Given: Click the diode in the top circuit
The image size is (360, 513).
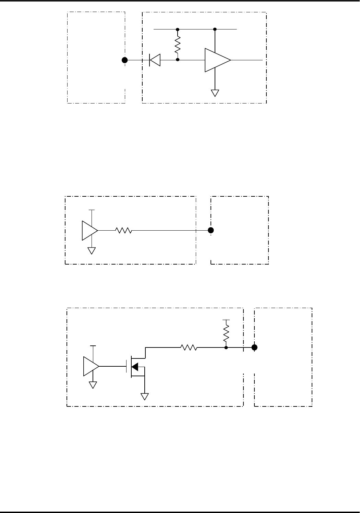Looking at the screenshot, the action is point(155,60).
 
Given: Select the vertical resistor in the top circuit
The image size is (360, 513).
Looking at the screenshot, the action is point(178,45).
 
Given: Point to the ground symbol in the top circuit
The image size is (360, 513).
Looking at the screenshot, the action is point(215,93).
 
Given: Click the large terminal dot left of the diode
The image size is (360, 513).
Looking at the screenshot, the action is point(125,60).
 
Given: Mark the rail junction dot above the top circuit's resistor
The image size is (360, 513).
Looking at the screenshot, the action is point(178,29).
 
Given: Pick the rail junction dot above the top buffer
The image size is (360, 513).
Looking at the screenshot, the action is point(215,29).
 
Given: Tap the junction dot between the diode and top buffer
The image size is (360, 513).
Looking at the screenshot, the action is point(178,60).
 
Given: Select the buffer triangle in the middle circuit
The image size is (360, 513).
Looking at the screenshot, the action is point(89,230).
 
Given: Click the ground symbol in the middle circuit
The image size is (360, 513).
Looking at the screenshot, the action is point(92,251).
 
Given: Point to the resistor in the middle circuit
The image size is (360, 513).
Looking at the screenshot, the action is point(123,231).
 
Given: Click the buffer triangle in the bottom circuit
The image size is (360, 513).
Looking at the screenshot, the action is point(91,366).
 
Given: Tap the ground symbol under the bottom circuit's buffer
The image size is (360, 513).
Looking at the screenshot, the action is point(93,384).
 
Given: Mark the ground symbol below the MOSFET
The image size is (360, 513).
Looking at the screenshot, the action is point(145,396).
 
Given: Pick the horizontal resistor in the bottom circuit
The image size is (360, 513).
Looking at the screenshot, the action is point(189,347).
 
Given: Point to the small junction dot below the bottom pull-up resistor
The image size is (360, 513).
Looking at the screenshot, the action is point(226,347).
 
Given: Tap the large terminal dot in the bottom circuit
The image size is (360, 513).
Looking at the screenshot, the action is point(254,347).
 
